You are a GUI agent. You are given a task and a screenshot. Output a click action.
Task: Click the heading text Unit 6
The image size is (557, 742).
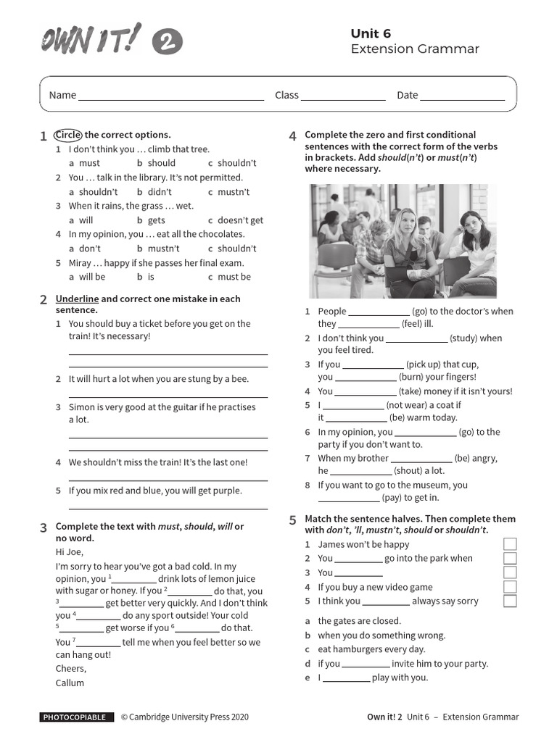tap(371, 33)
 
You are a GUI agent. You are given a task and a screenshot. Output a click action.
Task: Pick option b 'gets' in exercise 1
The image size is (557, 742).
tap(156, 220)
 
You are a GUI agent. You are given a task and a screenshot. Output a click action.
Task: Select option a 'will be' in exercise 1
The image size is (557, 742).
tap(91, 277)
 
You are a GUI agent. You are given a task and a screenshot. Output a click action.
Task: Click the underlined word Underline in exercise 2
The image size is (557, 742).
tap(77, 299)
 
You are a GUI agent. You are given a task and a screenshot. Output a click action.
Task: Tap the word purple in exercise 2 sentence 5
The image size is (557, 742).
tap(227, 491)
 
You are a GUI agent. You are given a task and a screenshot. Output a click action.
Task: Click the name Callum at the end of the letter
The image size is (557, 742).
tap(70, 683)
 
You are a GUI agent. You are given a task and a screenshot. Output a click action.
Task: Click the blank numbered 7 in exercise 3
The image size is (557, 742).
tap(98, 643)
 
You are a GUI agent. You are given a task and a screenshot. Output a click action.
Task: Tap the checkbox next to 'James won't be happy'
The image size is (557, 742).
tap(510, 544)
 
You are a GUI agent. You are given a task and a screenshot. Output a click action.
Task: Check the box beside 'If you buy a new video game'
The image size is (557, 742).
tap(510, 587)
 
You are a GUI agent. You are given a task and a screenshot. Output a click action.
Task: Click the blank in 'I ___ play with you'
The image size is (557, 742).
tap(346, 678)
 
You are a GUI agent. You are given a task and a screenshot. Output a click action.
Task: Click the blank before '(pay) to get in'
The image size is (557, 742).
tap(348, 499)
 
